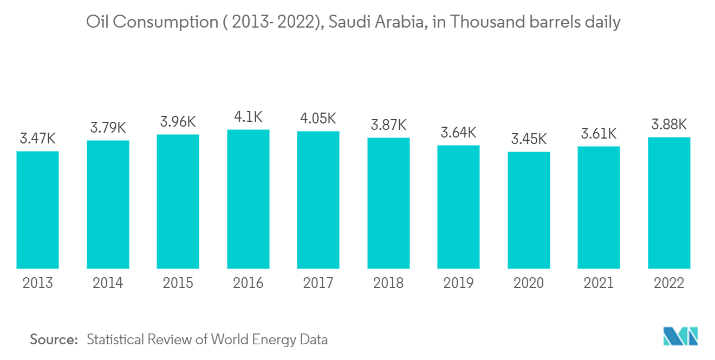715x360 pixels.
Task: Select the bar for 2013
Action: pyautogui.click(x=37, y=210)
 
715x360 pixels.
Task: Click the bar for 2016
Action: pyautogui.click(x=248, y=199)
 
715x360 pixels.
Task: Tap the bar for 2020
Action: pyautogui.click(x=529, y=210)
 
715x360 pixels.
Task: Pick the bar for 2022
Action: pyautogui.click(x=669, y=203)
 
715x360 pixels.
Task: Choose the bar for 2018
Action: pyautogui.click(x=388, y=203)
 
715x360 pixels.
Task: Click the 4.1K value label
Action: pyautogui.click(x=248, y=117)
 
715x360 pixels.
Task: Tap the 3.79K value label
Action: pyautogui.click(x=108, y=128)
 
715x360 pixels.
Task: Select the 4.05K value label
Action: pyautogui.click(x=318, y=119)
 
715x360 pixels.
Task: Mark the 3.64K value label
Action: pyautogui.click(x=458, y=133)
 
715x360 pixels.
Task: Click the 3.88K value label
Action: pyautogui.click(x=669, y=125)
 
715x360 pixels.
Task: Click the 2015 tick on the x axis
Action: pyautogui.click(x=178, y=283)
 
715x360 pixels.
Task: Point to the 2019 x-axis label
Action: pyautogui.click(x=458, y=283)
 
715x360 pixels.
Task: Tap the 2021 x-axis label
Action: pyautogui.click(x=599, y=283)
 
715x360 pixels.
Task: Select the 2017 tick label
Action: pyautogui.click(x=318, y=283)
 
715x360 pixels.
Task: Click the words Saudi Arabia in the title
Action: pyautogui.click(x=376, y=22)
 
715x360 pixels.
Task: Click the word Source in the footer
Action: pyautogui.click(x=54, y=339)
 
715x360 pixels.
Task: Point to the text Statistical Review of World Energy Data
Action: pyautogui.click(x=207, y=339)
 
